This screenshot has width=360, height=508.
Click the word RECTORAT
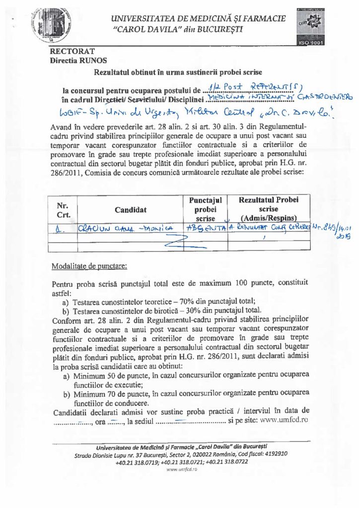(72, 51)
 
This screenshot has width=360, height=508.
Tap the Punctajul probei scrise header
(205, 209)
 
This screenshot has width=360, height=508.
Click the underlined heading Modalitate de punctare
(89, 265)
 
